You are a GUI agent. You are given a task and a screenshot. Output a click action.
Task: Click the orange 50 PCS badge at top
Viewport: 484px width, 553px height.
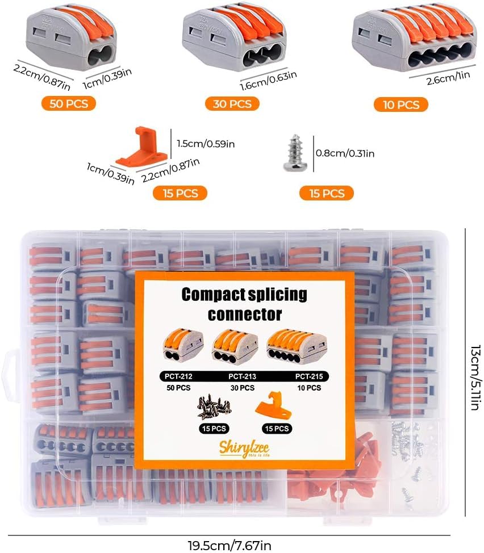(x=68, y=103)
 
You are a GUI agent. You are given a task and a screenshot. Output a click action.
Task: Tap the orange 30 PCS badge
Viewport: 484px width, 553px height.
(x=232, y=103)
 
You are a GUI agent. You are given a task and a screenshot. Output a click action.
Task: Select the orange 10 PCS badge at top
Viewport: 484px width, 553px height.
(x=400, y=104)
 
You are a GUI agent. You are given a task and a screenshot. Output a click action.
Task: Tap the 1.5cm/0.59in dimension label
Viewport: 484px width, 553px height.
(x=206, y=144)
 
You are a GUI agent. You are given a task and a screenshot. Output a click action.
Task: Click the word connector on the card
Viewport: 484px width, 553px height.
(x=244, y=314)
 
